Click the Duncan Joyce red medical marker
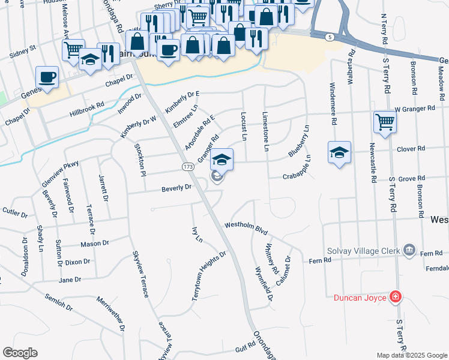(395, 296)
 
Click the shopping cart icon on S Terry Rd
(385, 122)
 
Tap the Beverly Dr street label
(176, 188)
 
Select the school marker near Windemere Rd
(339, 152)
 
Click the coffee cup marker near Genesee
(47, 77)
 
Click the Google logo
(20, 353)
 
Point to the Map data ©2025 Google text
(412, 355)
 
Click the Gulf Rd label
(246, 348)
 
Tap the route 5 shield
(329, 37)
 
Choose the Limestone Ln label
(265, 130)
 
